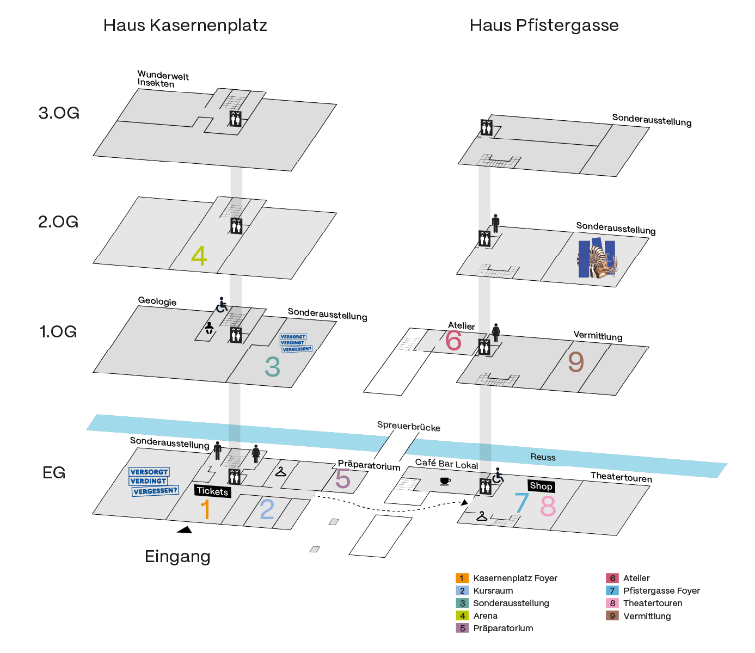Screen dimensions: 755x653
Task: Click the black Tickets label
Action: click(213, 491)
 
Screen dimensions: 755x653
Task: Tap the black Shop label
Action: click(541, 486)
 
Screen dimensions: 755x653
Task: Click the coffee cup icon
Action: click(445, 481)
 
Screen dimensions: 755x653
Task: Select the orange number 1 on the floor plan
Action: click(206, 509)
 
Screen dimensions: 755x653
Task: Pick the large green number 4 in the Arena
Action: click(199, 256)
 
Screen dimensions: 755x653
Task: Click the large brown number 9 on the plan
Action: click(576, 361)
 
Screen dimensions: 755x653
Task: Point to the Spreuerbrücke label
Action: click(408, 426)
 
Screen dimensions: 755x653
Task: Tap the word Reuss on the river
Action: click(543, 457)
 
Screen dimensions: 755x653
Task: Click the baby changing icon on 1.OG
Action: click(209, 328)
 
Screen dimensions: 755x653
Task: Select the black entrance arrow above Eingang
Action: click(185, 529)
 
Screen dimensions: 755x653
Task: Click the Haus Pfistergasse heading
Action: click(544, 26)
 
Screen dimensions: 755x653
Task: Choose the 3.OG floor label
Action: click(59, 113)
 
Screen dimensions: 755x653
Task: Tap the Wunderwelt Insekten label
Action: click(163, 79)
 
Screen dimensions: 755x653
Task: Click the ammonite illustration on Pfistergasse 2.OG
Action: click(597, 258)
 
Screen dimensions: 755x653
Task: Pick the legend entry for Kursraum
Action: click(484, 590)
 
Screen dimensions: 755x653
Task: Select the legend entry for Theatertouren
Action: click(644, 603)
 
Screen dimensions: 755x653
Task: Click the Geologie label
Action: click(157, 301)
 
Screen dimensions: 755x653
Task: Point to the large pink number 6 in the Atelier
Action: click(453, 341)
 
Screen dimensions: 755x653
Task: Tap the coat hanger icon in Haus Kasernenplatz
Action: click(280, 471)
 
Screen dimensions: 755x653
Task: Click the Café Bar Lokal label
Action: click(446, 464)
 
